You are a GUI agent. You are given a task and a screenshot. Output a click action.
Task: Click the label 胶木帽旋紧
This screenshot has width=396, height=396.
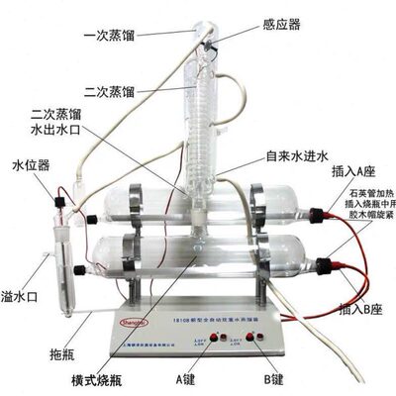point(360,235)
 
